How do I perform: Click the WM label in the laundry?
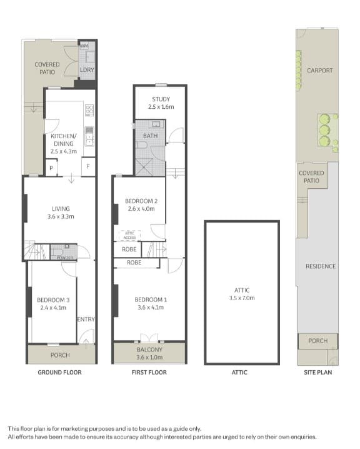(x=84, y=46)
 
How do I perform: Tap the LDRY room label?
(x=87, y=69)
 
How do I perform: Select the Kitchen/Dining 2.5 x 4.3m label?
(x=63, y=143)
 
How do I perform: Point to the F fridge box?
(x=88, y=167)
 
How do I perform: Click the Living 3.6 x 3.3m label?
(x=61, y=213)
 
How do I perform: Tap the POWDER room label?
(x=65, y=258)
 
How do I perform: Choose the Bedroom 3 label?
(x=52, y=303)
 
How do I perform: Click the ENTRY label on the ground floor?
(x=86, y=320)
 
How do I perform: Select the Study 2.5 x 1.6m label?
(x=161, y=103)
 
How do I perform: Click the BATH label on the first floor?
(x=150, y=136)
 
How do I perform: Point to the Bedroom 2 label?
(x=141, y=204)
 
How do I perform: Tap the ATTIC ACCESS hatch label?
(x=130, y=235)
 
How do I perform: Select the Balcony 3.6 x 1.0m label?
(x=149, y=353)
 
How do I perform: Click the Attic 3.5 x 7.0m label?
(x=242, y=293)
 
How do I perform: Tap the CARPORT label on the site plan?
(x=319, y=71)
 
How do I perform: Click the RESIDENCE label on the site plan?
(x=320, y=266)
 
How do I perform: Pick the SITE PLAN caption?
(x=318, y=373)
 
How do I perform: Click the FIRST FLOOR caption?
(x=149, y=373)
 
